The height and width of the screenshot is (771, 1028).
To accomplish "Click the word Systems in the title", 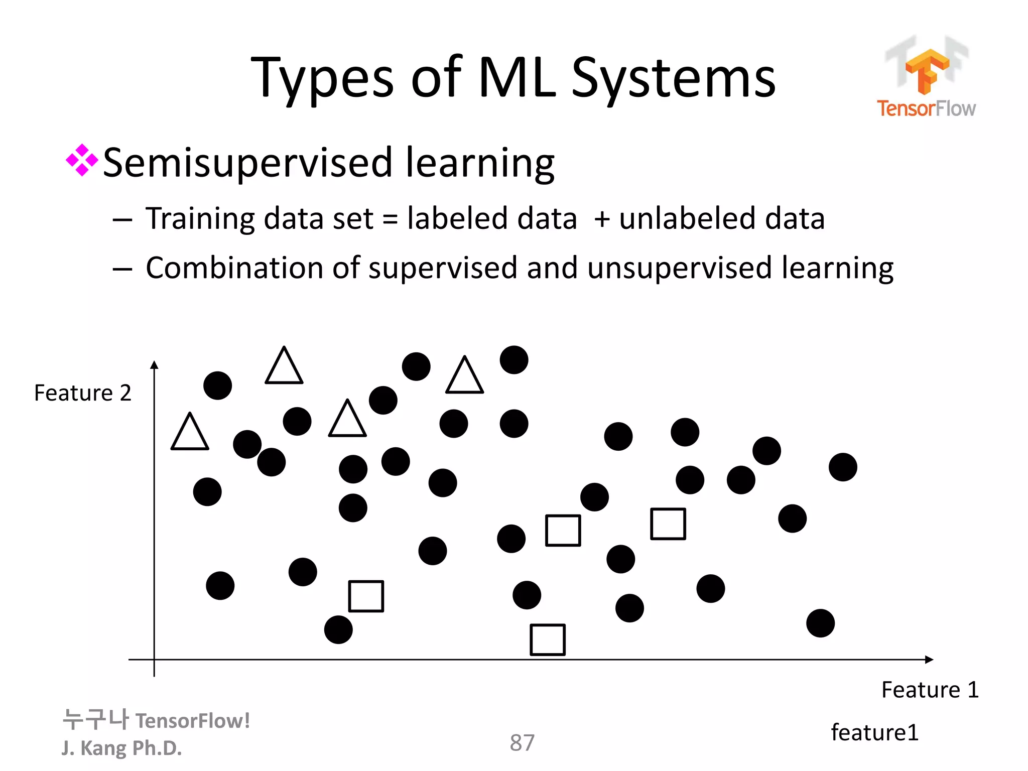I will click(x=673, y=78).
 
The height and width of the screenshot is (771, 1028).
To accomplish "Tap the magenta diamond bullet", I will click(x=81, y=161).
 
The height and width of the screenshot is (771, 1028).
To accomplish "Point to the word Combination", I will click(x=234, y=268).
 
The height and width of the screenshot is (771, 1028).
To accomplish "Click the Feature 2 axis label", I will click(x=82, y=393).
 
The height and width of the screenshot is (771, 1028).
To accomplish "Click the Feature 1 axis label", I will click(x=930, y=690).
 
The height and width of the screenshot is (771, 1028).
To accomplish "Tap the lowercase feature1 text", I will click(x=874, y=732).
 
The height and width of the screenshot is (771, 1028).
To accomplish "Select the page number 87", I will click(x=522, y=742).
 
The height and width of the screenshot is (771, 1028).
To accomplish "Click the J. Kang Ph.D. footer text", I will click(x=121, y=748).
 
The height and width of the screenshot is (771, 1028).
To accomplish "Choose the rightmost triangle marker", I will click(x=464, y=377).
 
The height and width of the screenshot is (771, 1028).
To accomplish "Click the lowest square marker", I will click(x=548, y=639).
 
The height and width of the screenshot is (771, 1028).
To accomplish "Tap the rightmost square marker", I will click(x=668, y=524).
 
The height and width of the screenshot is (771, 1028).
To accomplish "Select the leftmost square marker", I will click(x=366, y=596).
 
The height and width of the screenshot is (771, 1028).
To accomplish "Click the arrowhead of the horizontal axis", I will click(x=929, y=660).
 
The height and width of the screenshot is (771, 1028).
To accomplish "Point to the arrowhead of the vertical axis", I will click(x=155, y=365).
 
